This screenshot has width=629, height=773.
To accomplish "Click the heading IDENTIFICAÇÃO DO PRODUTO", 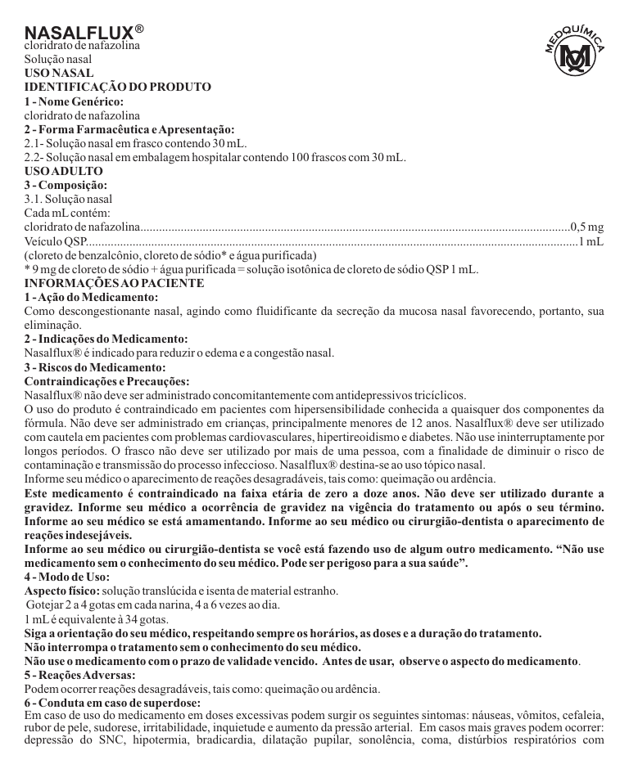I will click(118, 87).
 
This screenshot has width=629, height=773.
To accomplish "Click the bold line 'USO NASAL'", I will click(58, 73).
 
